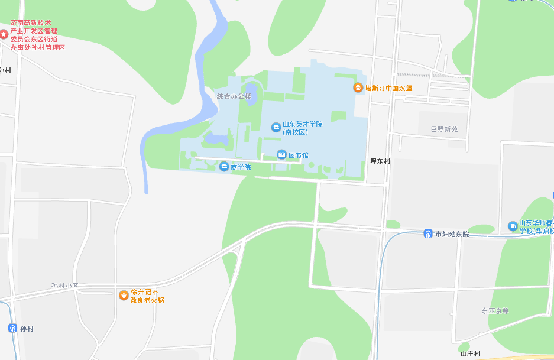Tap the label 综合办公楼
pyautogui.click(x=234, y=96)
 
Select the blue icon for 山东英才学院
pyautogui.click(x=276, y=127)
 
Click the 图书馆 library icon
pyautogui.click(x=282, y=155)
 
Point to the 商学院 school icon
pyautogui.click(x=224, y=167)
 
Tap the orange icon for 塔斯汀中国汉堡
pyautogui.click(x=358, y=87)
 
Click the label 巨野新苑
pyautogui.click(x=444, y=129)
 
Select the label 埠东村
pyautogui.click(x=380, y=161)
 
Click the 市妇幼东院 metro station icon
pyautogui.click(x=428, y=234)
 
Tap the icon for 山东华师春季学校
pyautogui.click(x=513, y=226)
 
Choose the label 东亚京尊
pyautogui.click(x=495, y=311)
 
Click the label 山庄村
pyautogui.click(x=471, y=354)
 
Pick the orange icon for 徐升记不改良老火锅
pyautogui.click(x=124, y=295)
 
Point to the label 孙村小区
pyautogui.click(x=65, y=286)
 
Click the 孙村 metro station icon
pyautogui.click(x=13, y=328)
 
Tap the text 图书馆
pyautogui.click(x=298, y=155)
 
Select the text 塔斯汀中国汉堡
pyautogui.click(x=388, y=88)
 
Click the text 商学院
pyautogui.click(x=241, y=167)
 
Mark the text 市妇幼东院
pyautogui.click(x=452, y=234)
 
